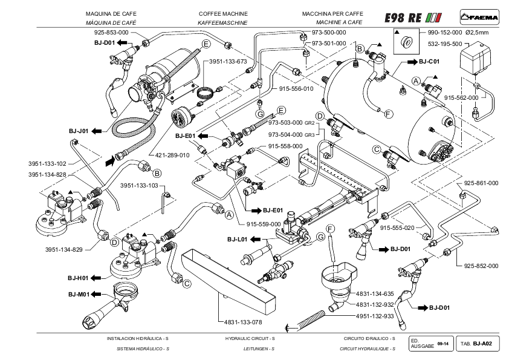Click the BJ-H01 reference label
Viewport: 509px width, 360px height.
(x=79, y=278)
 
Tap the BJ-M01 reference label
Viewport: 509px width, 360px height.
(x=79, y=294)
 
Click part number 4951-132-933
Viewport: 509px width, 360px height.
(x=375, y=316)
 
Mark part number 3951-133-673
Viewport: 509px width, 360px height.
(x=228, y=62)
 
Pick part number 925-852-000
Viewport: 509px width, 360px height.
(x=481, y=266)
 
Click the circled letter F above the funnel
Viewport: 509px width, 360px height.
(x=330, y=228)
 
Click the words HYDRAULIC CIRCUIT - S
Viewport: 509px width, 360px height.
(x=245, y=338)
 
